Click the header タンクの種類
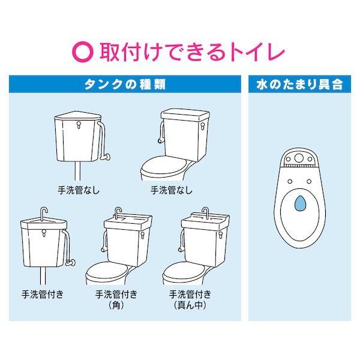pyautogui.click(x=125, y=85)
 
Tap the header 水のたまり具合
pyautogui.click(x=299, y=85)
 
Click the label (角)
pyautogui.click(x=116, y=305)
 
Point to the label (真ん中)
pyautogui.click(x=190, y=305)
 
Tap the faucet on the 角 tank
pyautogui.click(x=118, y=213)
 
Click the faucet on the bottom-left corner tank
pyautogui.click(x=44, y=214)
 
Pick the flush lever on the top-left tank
pyautogui.click(x=79, y=125)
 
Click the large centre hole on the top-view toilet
pyautogui.click(x=299, y=158)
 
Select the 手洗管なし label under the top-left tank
pyautogui.click(x=79, y=190)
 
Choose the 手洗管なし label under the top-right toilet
pyautogui.click(x=172, y=190)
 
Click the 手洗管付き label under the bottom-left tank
pyautogui.click(x=43, y=294)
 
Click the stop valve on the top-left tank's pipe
pyautogui.click(x=106, y=157)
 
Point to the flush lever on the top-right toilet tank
pyautogui.click(x=203, y=126)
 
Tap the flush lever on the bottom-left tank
pyautogui.click(x=44, y=233)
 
